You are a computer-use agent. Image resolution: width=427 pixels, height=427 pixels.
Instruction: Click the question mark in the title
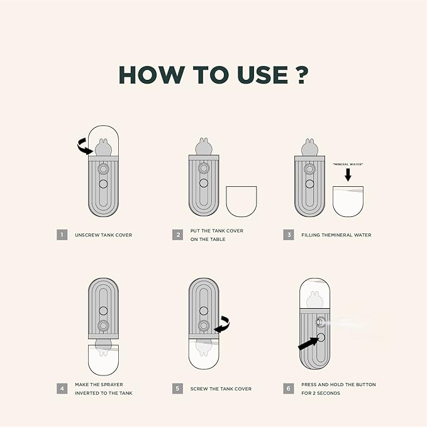pos(302,75)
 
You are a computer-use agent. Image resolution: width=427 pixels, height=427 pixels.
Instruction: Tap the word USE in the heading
pos(262,75)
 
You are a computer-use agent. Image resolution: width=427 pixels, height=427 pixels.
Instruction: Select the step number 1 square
pos(62,235)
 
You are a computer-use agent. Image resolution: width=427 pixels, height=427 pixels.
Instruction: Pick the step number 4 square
pos(62,389)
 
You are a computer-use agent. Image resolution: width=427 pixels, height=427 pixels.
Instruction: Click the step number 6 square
pos(289,389)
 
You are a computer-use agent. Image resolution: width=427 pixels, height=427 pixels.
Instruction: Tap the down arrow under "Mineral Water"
pos(348,175)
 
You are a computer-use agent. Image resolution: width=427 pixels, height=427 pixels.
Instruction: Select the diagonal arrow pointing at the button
pos(309,343)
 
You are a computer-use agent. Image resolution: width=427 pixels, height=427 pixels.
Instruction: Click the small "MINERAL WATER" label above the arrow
pos(348,164)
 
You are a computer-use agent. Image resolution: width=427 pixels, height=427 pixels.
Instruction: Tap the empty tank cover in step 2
pos(241,201)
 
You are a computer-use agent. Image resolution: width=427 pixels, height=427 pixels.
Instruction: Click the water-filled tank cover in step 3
pos(348,201)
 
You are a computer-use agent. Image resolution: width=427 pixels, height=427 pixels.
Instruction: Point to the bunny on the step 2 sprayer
pos(204,147)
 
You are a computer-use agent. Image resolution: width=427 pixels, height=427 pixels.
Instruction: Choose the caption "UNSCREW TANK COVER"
pos(104,235)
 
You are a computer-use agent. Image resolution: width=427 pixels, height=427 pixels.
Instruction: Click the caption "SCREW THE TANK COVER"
pos(221,389)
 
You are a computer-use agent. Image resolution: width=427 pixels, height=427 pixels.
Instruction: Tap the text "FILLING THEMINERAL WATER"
pos(336,235)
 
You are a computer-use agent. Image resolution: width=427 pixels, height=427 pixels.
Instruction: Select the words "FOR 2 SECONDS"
pos(321,393)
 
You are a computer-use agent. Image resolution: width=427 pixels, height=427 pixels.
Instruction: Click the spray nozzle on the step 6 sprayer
pos(321,322)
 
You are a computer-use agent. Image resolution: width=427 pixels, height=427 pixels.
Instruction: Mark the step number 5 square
pos(177,389)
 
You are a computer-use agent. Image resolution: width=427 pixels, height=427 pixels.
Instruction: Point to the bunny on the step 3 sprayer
pos(309,147)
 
